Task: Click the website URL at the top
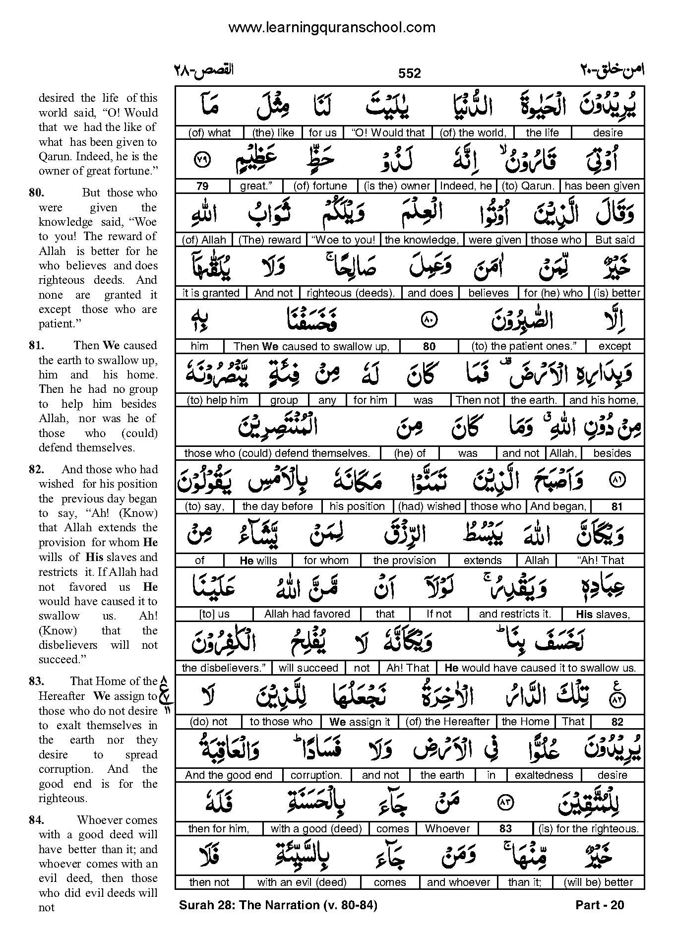click(332, 28)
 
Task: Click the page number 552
click(410, 73)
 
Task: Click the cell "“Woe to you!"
click(344, 240)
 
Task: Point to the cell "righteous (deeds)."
click(351, 293)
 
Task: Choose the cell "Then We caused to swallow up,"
click(311, 347)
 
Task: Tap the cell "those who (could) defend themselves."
click(277, 453)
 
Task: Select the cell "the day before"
click(277, 506)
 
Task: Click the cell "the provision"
click(404, 561)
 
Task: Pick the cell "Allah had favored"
click(307, 614)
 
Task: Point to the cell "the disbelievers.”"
click(224, 668)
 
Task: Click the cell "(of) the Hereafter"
click(447, 722)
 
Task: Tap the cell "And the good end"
click(229, 775)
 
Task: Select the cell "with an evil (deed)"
click(302, 882)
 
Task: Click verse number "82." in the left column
click(37, 469)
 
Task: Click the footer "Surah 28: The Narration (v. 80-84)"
click(278, 905)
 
